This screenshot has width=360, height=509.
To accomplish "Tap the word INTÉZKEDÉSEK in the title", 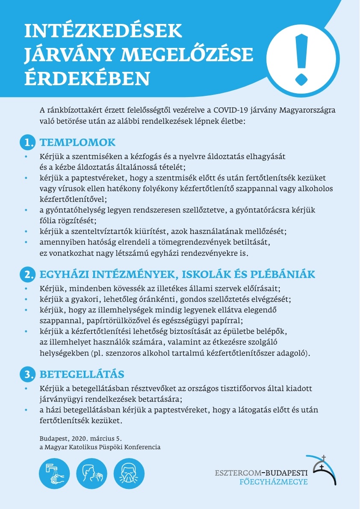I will (103, 32).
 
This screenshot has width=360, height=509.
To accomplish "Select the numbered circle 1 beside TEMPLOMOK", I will (28, 143).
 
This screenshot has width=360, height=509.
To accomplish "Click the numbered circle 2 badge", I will (28, 274).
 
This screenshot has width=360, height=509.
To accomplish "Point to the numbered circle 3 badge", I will (28, 375).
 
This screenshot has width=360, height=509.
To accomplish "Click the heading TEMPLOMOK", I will (77, 142).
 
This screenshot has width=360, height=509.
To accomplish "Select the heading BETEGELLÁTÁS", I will (82, 374).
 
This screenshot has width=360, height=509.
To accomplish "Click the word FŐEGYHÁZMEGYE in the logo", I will (274, 482).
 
